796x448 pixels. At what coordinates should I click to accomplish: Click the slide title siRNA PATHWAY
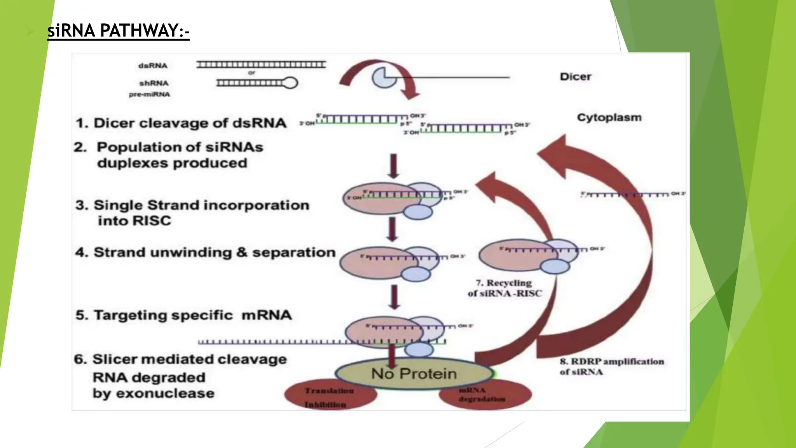[x=118, y=31]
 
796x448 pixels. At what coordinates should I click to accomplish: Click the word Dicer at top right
[x=575, y=77]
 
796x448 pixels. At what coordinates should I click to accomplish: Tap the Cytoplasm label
[x=609, y=117]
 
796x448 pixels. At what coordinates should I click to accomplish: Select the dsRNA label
[x=153, y=66]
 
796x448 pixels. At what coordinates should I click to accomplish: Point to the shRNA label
[x=154, y=83]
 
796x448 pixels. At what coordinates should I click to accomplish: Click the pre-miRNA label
[x=150, y=94]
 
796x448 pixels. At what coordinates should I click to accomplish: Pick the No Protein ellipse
[x=414, y=374]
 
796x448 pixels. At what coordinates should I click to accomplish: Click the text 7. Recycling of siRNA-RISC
[x=504, y=288]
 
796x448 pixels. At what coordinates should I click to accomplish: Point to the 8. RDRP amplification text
[x=611, y=366]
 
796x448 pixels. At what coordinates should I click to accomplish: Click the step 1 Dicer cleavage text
[x=181, y=123]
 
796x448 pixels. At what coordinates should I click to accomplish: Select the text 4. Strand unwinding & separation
[x=205, y=252]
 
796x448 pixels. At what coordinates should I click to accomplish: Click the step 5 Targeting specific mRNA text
[x=183, y=315]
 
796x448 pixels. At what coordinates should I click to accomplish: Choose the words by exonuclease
[x=154, y=394]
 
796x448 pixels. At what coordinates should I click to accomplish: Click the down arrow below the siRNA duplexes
[x=393, y=166]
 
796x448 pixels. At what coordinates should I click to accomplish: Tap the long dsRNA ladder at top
[x=261, y=65]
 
